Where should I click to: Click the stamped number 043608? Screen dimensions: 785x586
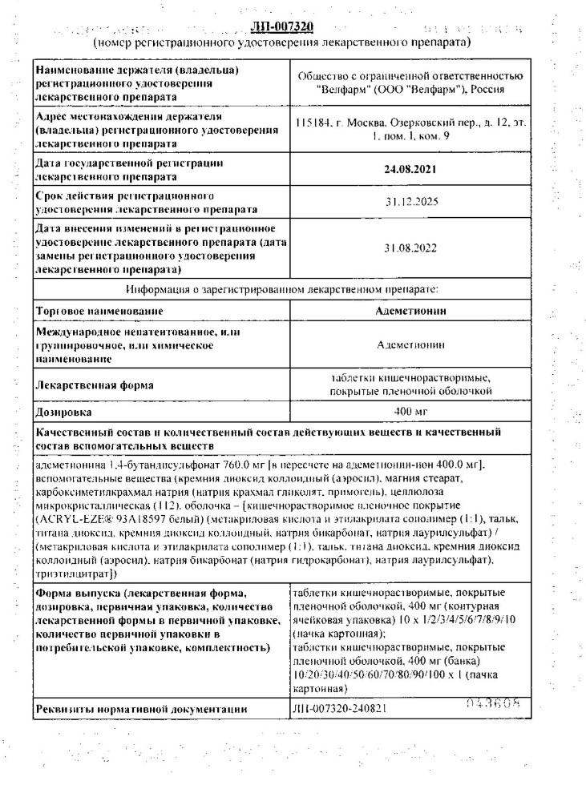489,704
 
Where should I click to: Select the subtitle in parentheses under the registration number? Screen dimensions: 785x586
281,41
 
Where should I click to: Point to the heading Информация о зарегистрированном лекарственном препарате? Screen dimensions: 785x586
281,286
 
